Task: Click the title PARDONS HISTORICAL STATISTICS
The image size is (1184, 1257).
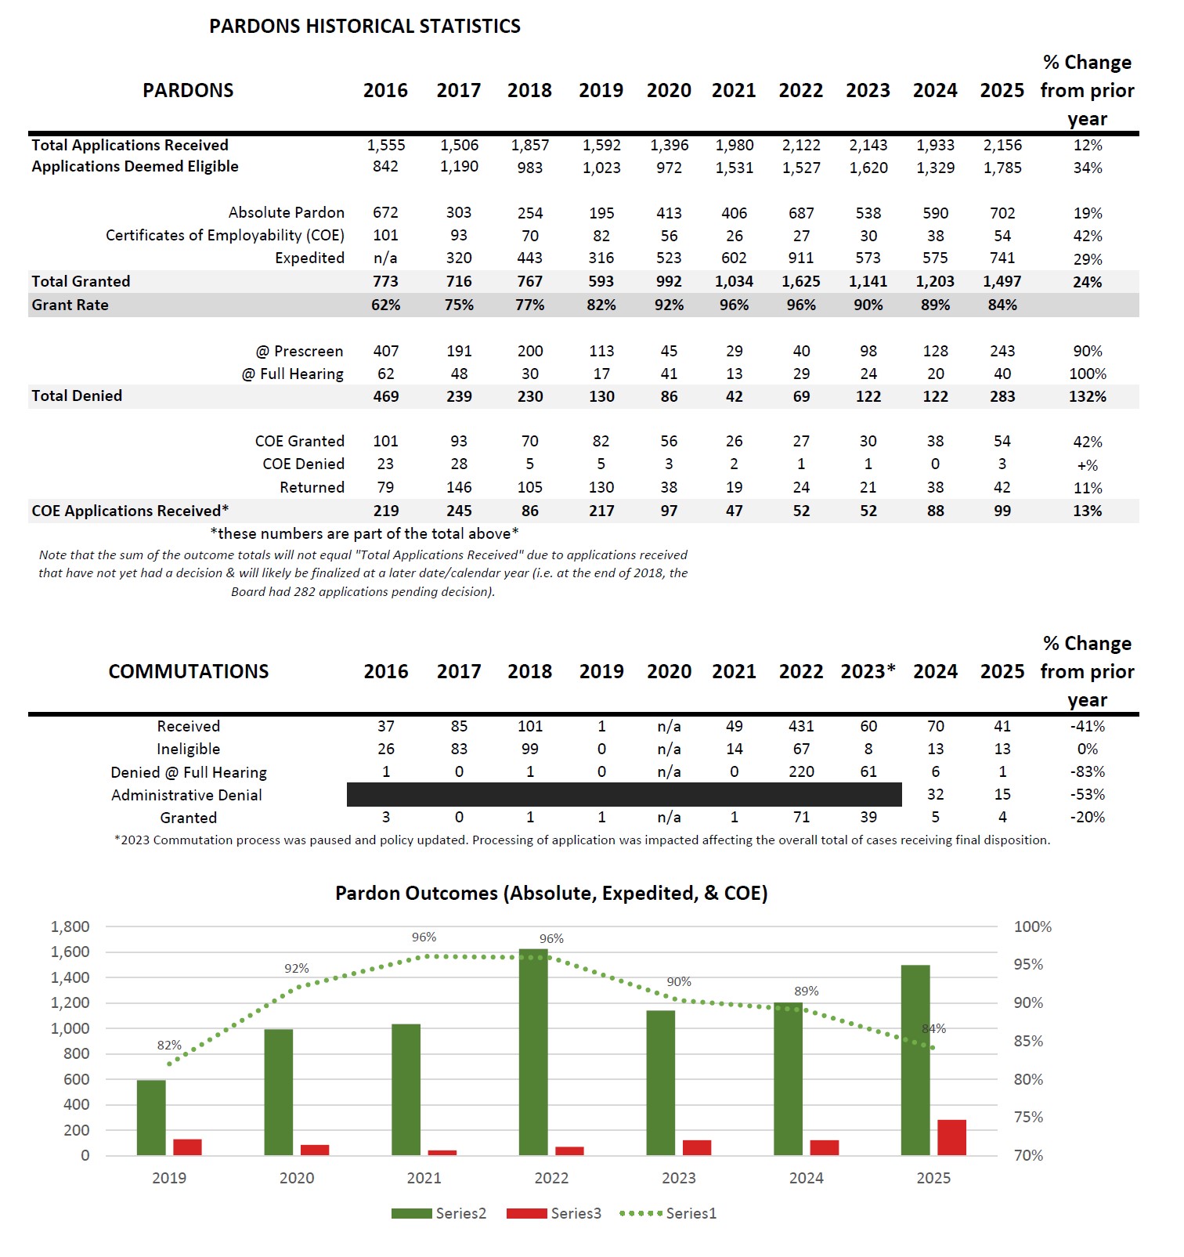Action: (x=364, y=26)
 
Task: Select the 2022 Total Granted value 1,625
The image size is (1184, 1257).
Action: (x=800, y=281)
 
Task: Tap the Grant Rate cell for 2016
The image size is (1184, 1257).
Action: (x=385, y=305)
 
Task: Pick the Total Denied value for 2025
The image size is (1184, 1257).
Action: (x=1002, y=396)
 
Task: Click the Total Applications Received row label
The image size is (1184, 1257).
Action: (x=130, y=145)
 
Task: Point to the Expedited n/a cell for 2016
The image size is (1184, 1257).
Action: (x=385, y=258)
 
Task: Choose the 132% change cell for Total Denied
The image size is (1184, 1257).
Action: (x=1087, y=396)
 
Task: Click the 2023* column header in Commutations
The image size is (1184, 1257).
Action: (x=868, y=671)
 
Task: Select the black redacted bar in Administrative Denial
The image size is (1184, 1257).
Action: (x=623, y=794)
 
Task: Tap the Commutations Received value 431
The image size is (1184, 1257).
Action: (x=800, y=726)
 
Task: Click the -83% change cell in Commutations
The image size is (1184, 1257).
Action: (x=1087, y=771)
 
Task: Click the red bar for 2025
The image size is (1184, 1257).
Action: (x=951, y=1137)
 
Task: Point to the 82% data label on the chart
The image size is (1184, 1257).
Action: (x=169, y=1045)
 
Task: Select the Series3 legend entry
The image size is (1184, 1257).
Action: (x=554, y=1213)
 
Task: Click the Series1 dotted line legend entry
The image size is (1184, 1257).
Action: (x=668, y=1213)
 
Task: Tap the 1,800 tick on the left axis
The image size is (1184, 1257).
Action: (x=70, y=926)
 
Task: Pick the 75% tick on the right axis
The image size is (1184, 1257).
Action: (x=1028, y=1117)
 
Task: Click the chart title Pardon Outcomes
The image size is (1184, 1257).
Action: (x=551, y=893)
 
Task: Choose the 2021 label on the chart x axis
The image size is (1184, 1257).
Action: (x=424, y=1178)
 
